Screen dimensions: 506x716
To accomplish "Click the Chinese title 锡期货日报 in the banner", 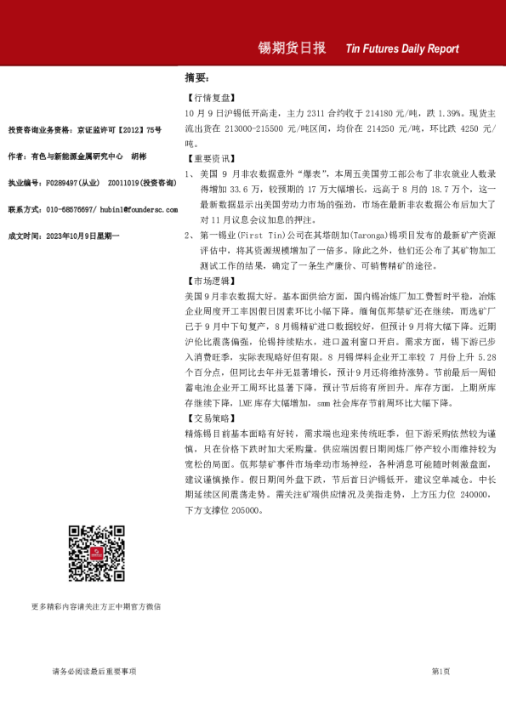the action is (293, 48).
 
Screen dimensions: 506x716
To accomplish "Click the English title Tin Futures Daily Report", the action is (402, 49).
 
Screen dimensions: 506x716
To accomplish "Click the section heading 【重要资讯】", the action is (208, 158).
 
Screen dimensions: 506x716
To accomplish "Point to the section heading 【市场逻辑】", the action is (208, 280).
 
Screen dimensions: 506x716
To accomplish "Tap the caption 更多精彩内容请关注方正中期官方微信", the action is (95, 606).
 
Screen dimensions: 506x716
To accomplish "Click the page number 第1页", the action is (441, 672).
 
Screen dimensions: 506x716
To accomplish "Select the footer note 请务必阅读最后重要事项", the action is (94, 672).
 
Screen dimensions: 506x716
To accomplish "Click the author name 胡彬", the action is (139, 156).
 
